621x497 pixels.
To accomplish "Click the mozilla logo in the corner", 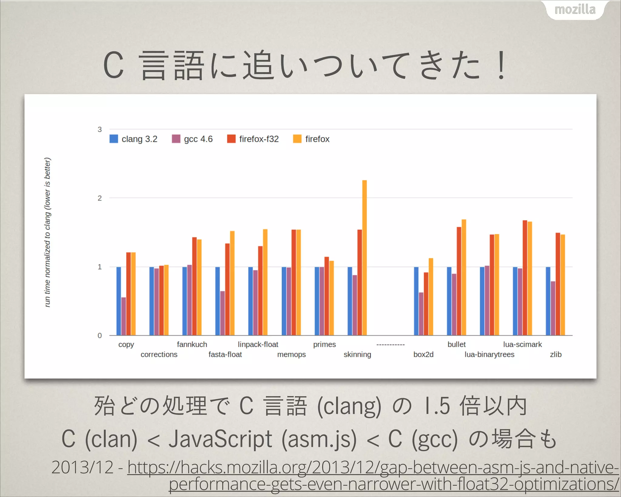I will [x=575, y=10].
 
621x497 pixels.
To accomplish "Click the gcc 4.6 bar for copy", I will [x=123, y=316].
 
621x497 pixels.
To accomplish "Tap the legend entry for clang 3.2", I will [x=133, y=139].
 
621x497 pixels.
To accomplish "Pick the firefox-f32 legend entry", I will [x=253, y=139].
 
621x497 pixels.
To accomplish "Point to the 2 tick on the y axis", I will [x=99, y=198].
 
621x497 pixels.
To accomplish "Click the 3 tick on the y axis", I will [x=99, y=130].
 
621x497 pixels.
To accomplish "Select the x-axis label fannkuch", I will [x=192, y=344].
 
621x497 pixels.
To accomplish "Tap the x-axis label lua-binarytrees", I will [x=489, y=354].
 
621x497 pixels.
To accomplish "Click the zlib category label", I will [x=556, y=354].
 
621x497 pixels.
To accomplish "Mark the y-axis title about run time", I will [x=48, y=232].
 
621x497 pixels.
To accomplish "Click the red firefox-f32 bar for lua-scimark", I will [x=525, y=278].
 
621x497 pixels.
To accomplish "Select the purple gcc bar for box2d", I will [x=421, y=314].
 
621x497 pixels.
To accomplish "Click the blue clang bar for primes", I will [x=317, y=301].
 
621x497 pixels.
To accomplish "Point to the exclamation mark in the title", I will [x=502, y=65].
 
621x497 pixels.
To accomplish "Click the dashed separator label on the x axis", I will [x=391, y=345].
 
